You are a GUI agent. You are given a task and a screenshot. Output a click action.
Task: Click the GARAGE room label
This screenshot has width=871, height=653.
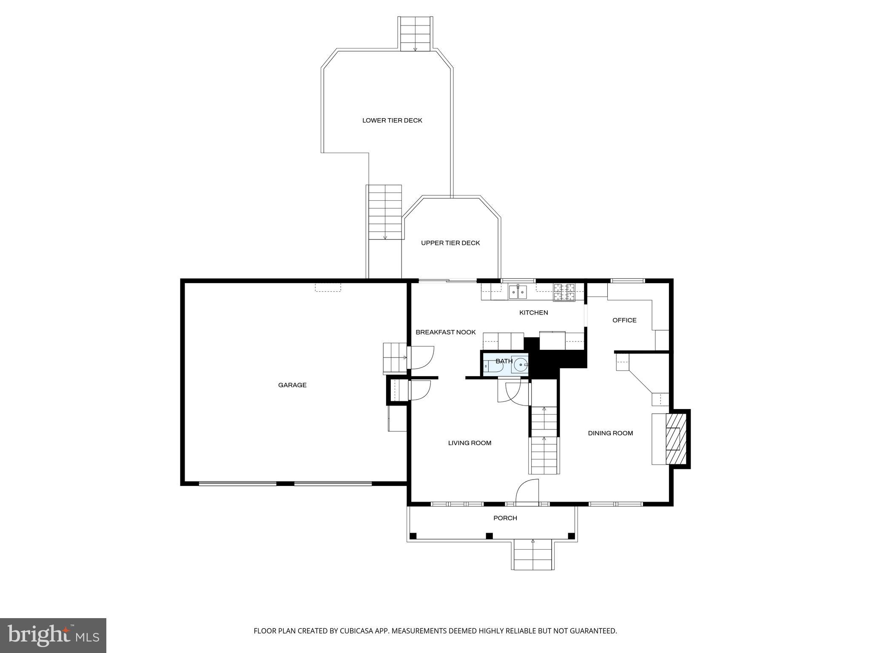(x=292, y=385)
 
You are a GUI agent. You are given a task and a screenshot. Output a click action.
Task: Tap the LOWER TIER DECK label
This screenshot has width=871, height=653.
(x=392, y=120)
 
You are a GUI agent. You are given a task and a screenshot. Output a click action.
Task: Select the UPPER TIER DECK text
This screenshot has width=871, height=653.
(x=450, y=243)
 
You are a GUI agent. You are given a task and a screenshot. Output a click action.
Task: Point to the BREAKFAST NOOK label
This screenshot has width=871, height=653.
(x=445, y=332)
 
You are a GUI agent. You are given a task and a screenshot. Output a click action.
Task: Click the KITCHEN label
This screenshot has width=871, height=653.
(x=533, y=312)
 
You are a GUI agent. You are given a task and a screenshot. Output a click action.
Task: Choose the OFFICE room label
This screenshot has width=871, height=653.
(x=624, y=320)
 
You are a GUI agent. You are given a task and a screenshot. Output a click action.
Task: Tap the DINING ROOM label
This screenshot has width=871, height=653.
(x=610, y=433)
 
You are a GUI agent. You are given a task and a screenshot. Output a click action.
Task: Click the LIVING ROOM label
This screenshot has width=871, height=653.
(x=470, y=443)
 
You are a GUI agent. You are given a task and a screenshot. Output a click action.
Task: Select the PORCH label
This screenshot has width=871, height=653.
(x=505, y=518)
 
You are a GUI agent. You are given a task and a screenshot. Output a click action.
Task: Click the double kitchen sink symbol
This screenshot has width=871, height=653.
(x=518, y=292)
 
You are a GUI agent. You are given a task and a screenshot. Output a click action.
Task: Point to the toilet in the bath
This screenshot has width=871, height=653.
(x=493, y=366)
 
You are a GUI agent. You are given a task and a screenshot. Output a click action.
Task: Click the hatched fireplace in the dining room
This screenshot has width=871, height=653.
(x=675, y=439)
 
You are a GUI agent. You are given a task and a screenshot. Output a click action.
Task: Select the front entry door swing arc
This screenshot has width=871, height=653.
(x=528, y=491)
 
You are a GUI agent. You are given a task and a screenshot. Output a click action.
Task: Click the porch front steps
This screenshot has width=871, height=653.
(x=533, y=555)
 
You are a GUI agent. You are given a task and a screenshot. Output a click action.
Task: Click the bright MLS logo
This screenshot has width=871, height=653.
(x=53, y=636)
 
